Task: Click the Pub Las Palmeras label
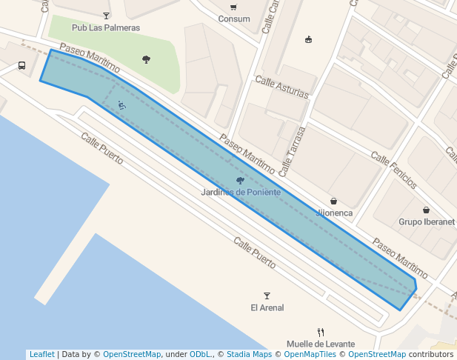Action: pos(105,27)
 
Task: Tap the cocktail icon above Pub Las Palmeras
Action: pos(106,16)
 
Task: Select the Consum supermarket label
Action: pos(233,19)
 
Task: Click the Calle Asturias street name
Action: pos(281,87)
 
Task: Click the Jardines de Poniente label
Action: pos(241,192)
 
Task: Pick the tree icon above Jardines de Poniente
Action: pos(239,181)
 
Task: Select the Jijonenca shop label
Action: pos(334,213)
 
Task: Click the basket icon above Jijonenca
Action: pos(333,201)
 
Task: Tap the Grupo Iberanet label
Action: pos(426,221)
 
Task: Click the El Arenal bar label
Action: pos(267,307)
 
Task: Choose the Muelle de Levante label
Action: pos(320,344)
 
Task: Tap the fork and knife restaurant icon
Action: pos(320,332)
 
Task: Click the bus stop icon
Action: pos(22,65)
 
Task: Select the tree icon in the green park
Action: pos(146,59)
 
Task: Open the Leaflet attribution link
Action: pos(41,354)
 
